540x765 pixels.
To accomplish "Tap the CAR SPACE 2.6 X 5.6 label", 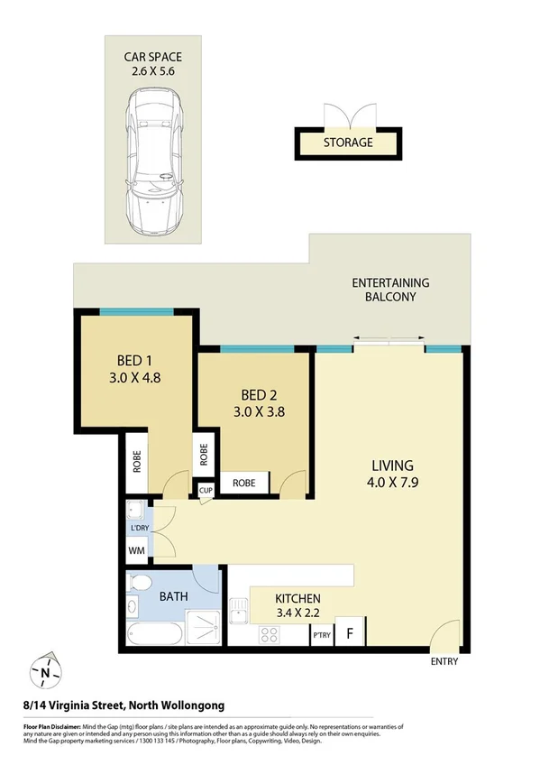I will pyautogui.click(x=152, y=64).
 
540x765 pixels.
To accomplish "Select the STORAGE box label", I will pyautogui.click(x=348, y=143).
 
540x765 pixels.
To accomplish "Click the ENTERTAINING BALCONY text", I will pyautogui.click(x=390, y=290).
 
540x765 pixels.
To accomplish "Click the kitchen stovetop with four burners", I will pyautogui.click(x=269, y=635).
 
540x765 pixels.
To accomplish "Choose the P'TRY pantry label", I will pyautogui.click(x=320, y=636).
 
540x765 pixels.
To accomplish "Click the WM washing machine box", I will pyautogui.click(x=137, y=548).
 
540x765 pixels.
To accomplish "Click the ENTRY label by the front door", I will pyautogui.click(x=444, y=661).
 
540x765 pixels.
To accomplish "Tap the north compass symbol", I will pyautogui.click(x=44, y=671).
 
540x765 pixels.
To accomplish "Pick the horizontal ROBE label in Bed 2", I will pyautogui.click(x=244, y=483).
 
